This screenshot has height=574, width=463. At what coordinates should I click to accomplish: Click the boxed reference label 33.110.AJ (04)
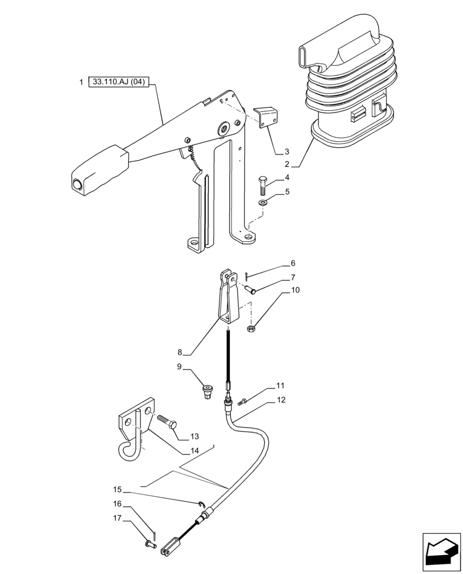(x=119, y=83)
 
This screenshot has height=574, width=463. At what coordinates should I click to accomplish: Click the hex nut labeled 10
(x=250, y=328)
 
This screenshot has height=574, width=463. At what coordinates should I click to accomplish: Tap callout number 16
(x=117, y=503)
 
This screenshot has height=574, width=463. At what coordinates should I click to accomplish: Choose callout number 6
(x=293, y=263)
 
